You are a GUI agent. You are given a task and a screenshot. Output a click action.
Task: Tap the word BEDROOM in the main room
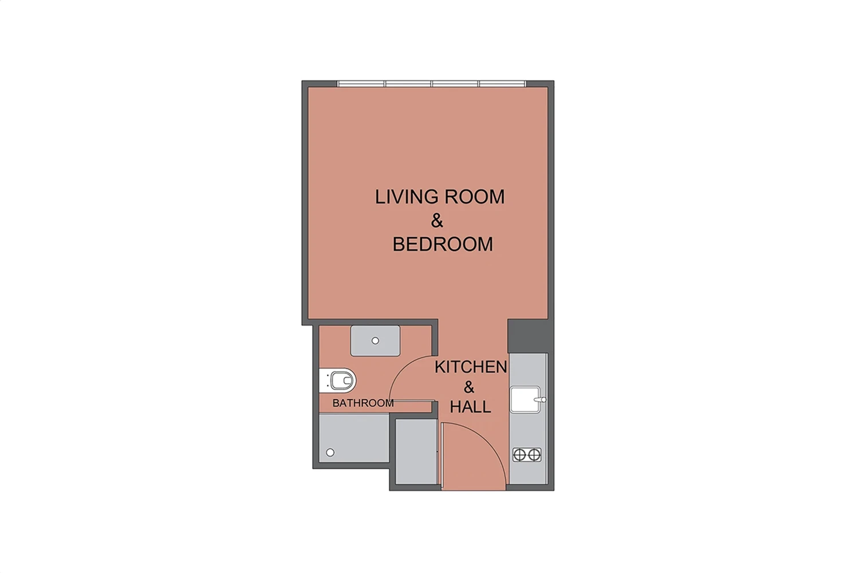pyautogui.click(x=443, y=244)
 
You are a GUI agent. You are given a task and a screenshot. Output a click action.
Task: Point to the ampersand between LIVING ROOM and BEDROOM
pyautogui.click(x=437, y=221)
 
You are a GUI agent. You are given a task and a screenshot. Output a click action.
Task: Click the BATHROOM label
pyautogui.click(x=362, y=403)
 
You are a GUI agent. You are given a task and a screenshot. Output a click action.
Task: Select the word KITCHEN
pyautogui.click(x=471, y=367)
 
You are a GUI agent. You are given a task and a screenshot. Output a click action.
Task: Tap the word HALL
pyautogui.click(x=470, y=407)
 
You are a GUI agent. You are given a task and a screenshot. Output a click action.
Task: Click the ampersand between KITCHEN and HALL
pyautogui.click(x=469, y=387)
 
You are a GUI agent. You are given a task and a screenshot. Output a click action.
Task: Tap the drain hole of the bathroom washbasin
pyautogui.click(x=376, y=340)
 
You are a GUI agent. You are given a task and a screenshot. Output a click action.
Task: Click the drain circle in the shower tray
pyautogui.click(x=330, y=453)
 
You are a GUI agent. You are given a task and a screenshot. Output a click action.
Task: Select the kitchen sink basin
pyautogui.click(x=525, y=399)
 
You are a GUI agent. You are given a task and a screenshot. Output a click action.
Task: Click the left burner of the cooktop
pyautogui.click(x=519, y=455)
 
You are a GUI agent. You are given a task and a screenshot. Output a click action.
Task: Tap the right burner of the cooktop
pyautogui.click(x=534, y=455)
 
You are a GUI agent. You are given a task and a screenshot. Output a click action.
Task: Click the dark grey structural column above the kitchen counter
pyautogui.click(x=529, y=336)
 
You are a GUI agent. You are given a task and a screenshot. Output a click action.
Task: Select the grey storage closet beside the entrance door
pyautogui.click(x=416, y=452)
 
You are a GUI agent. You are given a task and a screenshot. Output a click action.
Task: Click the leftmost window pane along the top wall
pyautogui.click(x=361, y=84)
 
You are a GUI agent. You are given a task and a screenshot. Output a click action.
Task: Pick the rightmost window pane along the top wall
pyautogui.click(x=502, y=84)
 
